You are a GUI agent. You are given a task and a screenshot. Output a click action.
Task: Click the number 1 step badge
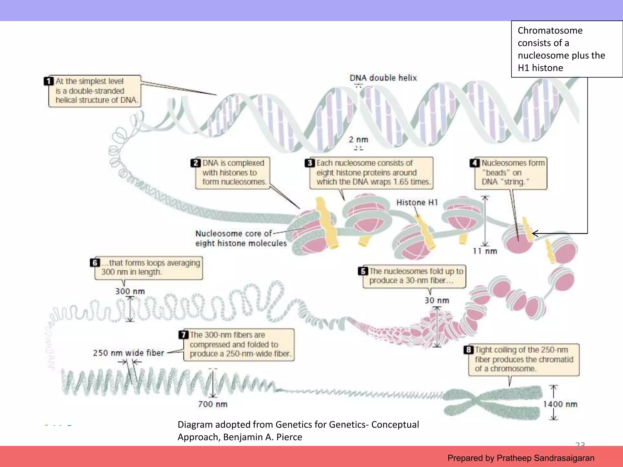click(x=49, y=81)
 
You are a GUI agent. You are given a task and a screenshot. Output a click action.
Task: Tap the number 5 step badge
click(x=363, y=271)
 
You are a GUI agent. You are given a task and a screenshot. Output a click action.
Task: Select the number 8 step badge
click(x=468, y=350)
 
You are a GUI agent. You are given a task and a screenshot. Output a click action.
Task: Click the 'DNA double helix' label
click(x=383, y=78)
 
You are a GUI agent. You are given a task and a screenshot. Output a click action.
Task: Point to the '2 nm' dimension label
click(x=358, y=140)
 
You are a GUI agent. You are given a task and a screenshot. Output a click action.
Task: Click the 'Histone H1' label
click(x=417, y=202)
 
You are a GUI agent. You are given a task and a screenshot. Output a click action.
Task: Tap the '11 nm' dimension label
click(x=485, y=251)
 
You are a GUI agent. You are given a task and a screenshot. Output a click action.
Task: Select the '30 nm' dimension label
click(x=437, y=300)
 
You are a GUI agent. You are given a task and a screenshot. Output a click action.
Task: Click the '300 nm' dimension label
click(x=130, y=291)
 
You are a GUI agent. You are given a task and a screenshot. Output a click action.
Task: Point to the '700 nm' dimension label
click(x=213, y=404)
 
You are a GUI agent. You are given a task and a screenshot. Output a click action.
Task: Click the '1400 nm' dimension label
click(x=560, y=404)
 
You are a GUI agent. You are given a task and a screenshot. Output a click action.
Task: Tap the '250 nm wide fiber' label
click(x=128, y=353)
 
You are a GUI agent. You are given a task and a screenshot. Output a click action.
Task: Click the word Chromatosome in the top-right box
click(x=550, y=30)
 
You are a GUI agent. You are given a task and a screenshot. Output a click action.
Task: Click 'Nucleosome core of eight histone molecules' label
click(x=241, y=238)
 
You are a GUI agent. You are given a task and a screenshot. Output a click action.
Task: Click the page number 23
click(x=580, y=445)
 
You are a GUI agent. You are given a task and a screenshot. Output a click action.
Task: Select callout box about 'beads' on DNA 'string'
click(x=511, y=173)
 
